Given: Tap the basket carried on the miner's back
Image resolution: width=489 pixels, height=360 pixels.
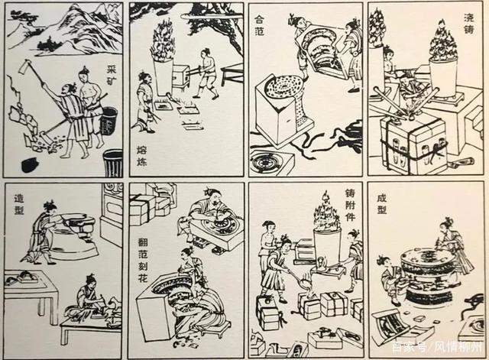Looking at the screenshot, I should (108, 119).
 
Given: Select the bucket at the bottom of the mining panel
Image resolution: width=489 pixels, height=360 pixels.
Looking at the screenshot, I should (112, 162).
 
